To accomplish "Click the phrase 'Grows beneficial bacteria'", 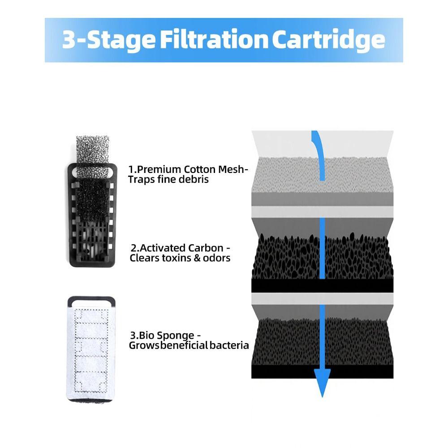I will tap(189, 345).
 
